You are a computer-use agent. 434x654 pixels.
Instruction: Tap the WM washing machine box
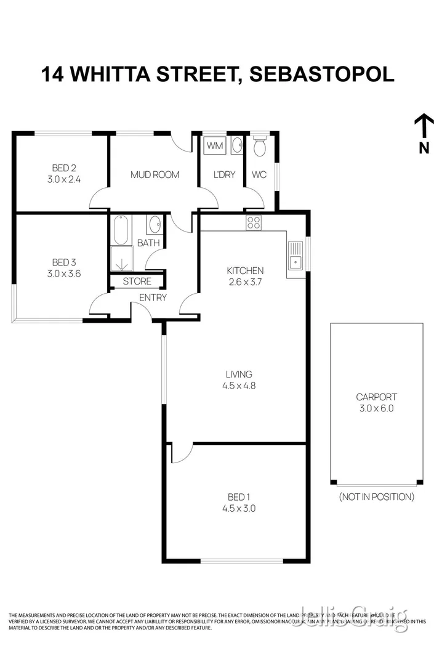coord(214,146)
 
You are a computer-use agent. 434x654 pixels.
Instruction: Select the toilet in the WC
coord(259,147)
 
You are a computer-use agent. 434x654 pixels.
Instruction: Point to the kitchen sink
coord(294,256)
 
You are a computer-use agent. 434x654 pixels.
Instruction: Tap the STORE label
coord(137,281)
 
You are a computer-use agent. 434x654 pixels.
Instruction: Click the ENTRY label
coord(153,298)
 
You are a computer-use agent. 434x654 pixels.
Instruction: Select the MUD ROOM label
coord(155,175)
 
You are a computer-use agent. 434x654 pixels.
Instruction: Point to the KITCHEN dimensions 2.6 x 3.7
coord(245,282)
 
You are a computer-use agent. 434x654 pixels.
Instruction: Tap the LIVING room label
coord(239,374)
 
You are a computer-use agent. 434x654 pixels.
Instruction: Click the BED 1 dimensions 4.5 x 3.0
coord(239,509)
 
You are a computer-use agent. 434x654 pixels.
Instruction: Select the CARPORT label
coord(376,397)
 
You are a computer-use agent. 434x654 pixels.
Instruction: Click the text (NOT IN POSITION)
coord(376,496)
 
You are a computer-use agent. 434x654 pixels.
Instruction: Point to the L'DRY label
coord(224,175)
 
